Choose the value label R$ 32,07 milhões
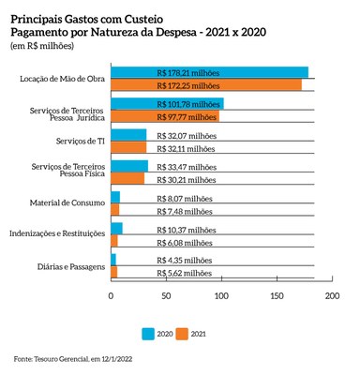click(185, 136)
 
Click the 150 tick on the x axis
click(276, 297)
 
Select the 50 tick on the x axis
click(166, 297)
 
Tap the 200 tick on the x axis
click(330, 297)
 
